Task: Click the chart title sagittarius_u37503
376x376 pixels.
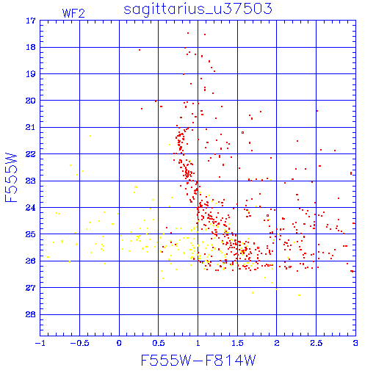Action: click(198, 10)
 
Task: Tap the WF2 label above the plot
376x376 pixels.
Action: click(73, 13)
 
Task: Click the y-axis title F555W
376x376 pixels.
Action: click(11, 178)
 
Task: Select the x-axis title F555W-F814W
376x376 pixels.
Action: click(198, 361)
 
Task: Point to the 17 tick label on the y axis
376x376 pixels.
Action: click(31, 21)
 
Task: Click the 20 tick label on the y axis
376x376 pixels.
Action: click(31, 101)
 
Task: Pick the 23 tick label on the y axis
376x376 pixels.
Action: click(31, 181)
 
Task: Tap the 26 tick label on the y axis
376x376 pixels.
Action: click(31, 261)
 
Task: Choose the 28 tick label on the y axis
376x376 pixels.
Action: click(31, 314)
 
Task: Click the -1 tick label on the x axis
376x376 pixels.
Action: click(40, 343)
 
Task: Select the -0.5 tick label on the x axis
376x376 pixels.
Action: click(79, 343)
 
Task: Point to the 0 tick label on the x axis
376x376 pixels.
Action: click(119, 343)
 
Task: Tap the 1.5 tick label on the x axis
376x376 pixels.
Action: click(237, 343)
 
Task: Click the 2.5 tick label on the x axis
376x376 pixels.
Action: click(317, 343)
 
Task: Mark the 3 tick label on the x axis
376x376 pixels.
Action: click(355, 343)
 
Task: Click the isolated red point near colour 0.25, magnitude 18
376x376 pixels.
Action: click(140, 50)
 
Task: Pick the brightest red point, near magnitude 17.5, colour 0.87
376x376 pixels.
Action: click(188, 33)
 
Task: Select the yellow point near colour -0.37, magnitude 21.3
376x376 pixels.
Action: click(90, 136)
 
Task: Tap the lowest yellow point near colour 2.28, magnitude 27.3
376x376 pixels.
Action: click(299, 295)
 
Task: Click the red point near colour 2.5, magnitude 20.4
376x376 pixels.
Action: click(317, 111)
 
